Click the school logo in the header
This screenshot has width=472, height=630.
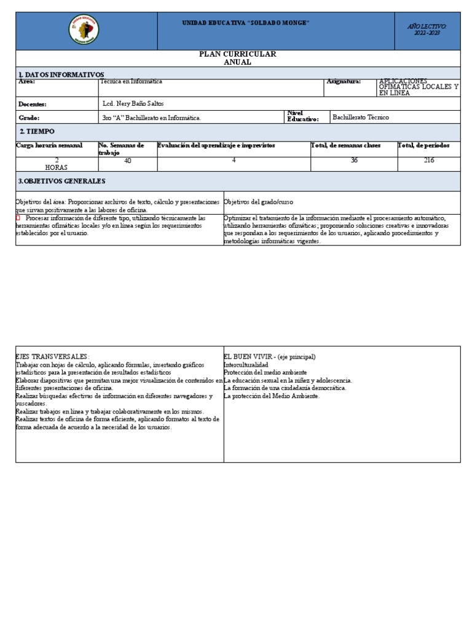[x=84, y=30]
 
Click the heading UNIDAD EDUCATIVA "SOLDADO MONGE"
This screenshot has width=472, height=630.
[x=245, y=23]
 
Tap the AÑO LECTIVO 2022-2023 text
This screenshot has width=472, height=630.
[x=427, y=30]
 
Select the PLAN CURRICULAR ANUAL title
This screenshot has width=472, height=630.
[x=237, y=58]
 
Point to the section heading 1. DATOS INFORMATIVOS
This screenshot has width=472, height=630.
[x=61, y=74]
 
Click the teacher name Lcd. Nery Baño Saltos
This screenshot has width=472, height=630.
[x=133, y=103]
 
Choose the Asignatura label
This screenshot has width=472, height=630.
[x=344, y=81]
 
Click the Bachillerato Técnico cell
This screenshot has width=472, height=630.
[x=360, y=117]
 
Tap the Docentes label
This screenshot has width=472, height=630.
[x=33, y=104]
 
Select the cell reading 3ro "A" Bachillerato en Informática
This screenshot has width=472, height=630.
[x=151, y=118]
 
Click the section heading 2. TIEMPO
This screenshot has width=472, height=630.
[x=37, y=132]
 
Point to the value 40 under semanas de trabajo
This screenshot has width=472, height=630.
[x=128, y=161]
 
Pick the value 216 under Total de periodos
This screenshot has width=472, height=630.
[x=428, y=161]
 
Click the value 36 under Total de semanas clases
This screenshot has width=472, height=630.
[x=354, y=161]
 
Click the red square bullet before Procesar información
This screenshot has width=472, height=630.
[x=18, y=218]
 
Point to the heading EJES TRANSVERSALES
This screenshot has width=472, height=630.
[x=52, y=357]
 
